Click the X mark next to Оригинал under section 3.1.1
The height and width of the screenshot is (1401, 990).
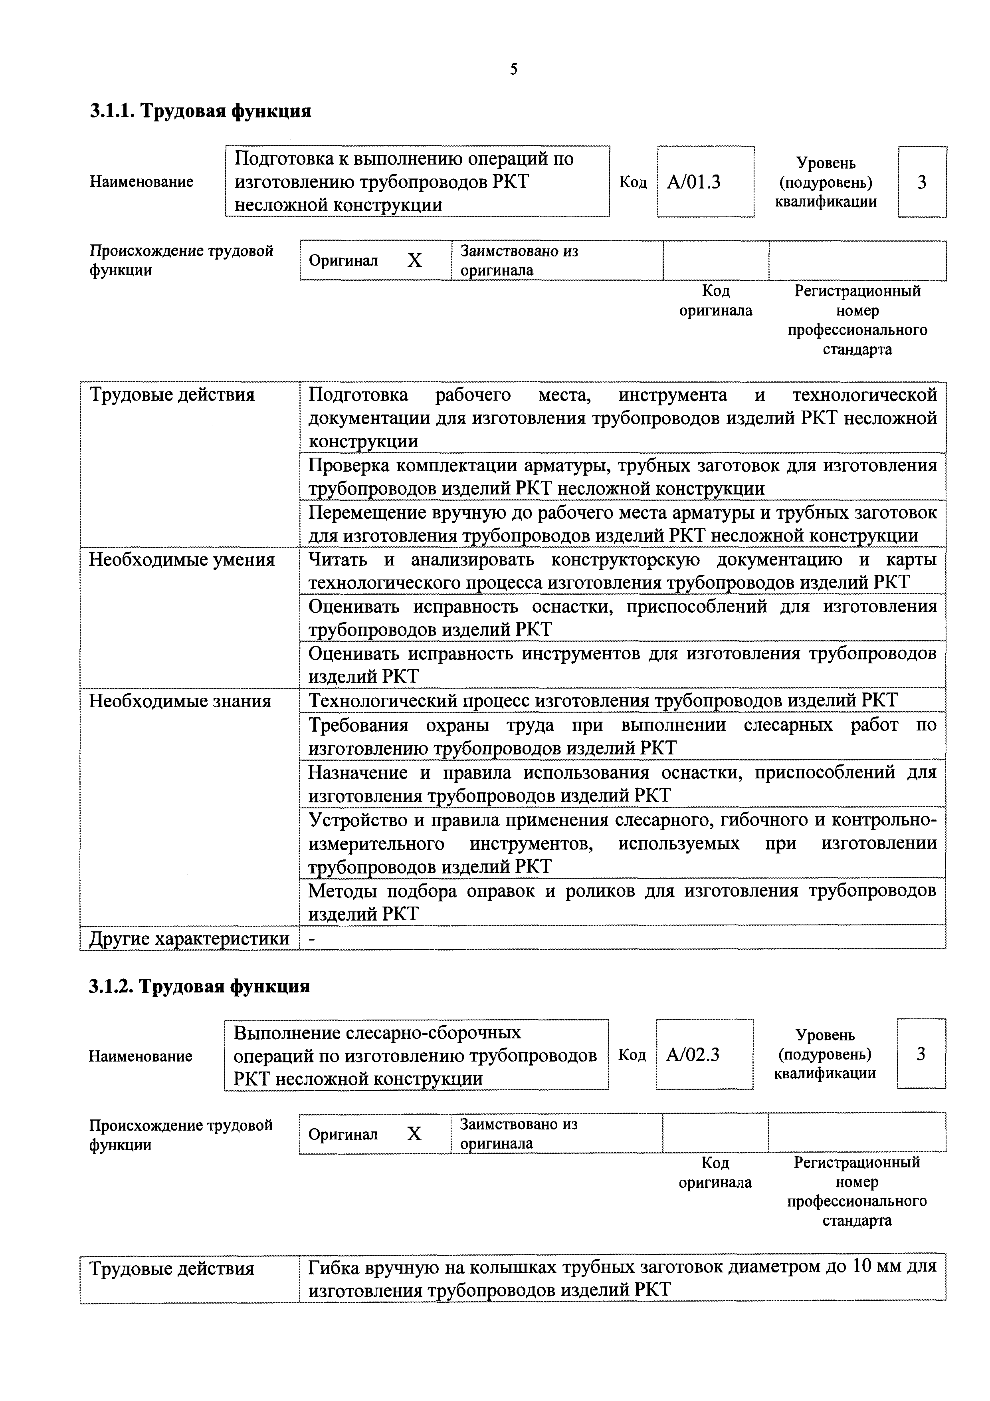(x=415, y=261)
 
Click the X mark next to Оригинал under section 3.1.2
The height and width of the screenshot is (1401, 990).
(x=414, y=1134)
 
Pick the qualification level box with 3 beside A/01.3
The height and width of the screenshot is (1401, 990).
(x=922, y=182)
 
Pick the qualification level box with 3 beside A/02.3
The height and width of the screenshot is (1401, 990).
(x=921, y=1054)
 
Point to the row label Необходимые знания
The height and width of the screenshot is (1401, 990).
(x=180, y=701)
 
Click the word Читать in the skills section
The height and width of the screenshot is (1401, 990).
(x=338, y=560)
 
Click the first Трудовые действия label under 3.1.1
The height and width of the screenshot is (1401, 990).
(x=172, y=395)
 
